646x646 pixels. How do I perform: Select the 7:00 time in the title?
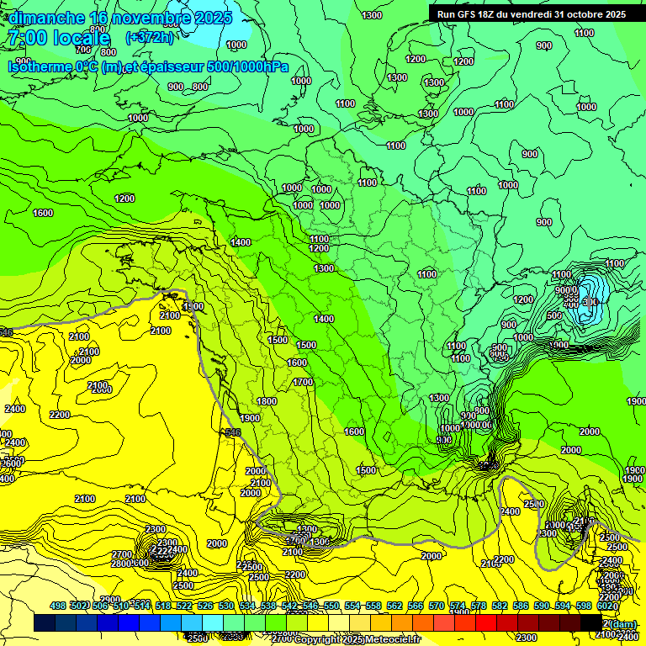tap(27, 38)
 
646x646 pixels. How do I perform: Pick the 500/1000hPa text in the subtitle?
tap(250, 66)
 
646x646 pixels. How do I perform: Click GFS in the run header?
tap(468, 14)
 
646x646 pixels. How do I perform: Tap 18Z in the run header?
tap(489, 14)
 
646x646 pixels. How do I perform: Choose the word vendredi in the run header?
tap(533, 14)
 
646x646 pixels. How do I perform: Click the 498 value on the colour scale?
tap(58, 606)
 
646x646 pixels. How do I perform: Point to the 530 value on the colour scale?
tap(226, 606)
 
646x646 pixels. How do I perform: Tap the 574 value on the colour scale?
tap(458, 606)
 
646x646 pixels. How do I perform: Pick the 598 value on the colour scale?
tap(584, 606)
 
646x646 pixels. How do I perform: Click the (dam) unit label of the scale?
tap(623, 623)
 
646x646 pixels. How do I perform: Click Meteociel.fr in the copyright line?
tap(392, 639)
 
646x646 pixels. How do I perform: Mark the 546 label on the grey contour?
tap(233, 432)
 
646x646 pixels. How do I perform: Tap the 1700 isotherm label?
tap(303, 382)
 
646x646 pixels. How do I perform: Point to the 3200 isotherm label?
tap(294, 575)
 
